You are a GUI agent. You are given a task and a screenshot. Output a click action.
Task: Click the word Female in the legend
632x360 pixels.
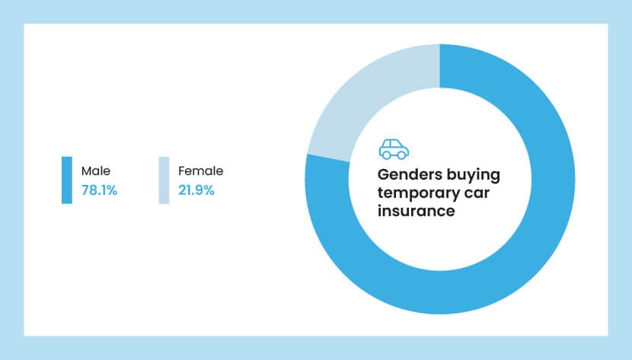click(x=200, y=171)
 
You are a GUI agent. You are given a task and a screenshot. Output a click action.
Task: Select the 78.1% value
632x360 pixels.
click(x=99, y=190)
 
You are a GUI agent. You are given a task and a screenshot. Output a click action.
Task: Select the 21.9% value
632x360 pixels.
click(x=196, y=190)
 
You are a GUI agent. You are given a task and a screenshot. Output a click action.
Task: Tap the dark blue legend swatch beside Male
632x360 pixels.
click(x=67, y=180)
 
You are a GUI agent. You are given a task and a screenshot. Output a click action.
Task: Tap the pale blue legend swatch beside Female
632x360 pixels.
click(x=164, y=180)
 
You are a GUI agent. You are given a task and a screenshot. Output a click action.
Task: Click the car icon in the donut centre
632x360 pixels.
click(x=394, y=148)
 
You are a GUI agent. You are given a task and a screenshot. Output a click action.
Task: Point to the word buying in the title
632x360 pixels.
click(x=475, y=176)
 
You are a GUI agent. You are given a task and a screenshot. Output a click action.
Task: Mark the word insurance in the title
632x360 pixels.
click(x=416, y=211)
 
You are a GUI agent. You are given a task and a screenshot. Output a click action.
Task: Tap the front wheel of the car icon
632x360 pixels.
click(x=401, y=155)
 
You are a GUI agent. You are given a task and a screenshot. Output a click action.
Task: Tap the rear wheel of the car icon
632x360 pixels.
click(x=386, y=155)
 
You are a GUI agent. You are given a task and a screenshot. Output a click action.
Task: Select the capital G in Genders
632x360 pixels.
click(x=384, y=176)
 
